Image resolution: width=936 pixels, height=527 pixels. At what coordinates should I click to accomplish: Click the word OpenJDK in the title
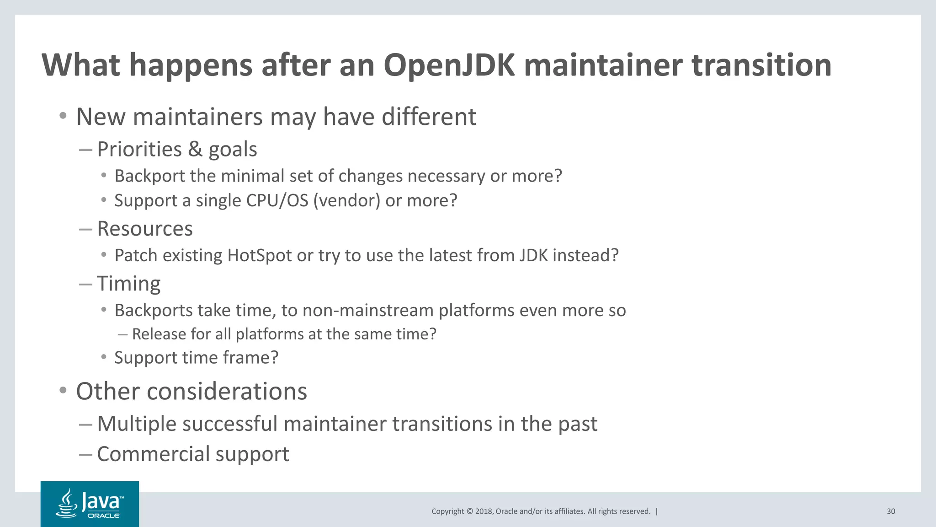[x=449, y=65]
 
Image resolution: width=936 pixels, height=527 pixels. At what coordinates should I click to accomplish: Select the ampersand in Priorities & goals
[x=195, y=149]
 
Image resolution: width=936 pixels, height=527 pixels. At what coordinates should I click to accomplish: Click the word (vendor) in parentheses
[x=347, y=200]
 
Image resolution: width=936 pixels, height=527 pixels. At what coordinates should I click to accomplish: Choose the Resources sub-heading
[x=145, y=228]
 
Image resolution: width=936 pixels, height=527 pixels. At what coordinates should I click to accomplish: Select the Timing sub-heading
[x=129, y=283]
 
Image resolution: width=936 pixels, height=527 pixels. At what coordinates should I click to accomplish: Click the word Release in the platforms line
[x=159, y=334]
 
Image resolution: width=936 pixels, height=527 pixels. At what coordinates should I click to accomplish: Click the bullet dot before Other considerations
[x=63, y=391]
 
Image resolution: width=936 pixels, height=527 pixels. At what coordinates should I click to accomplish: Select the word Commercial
[x=153, y=454]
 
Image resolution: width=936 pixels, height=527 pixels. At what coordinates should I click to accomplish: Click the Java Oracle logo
[x=90, y=504]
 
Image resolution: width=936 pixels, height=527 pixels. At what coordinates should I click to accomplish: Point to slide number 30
[x=891, y=511]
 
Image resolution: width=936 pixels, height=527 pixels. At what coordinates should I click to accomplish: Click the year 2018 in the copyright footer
[x=484, y=511]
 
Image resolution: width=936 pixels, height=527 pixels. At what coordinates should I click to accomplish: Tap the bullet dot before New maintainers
[x=63, y=116]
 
